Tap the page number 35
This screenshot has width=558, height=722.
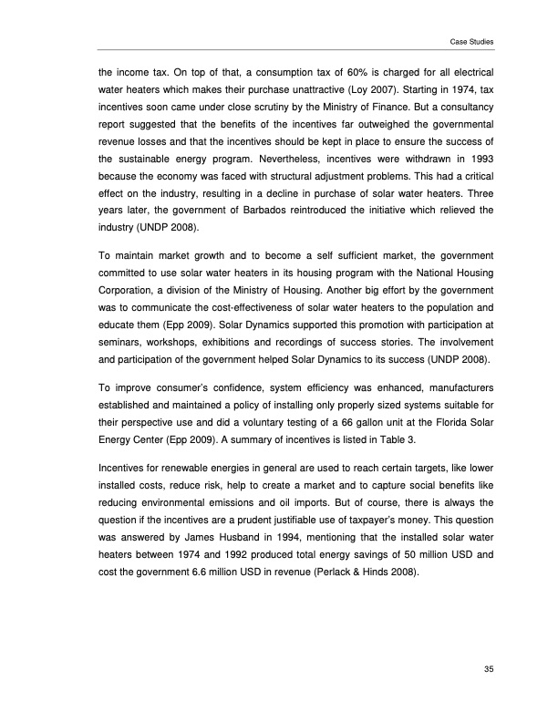(x=489, y=671)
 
